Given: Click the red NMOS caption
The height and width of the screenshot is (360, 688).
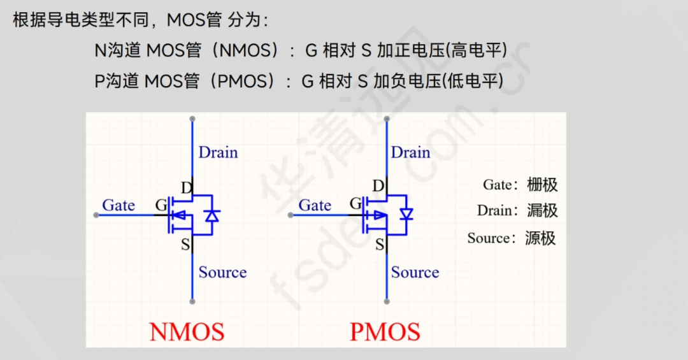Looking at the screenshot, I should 187,332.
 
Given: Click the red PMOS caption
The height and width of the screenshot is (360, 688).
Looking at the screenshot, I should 385,332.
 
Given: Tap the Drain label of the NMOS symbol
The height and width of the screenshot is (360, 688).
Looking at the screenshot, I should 218,152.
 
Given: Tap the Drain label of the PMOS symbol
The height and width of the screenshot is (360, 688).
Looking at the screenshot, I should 410,152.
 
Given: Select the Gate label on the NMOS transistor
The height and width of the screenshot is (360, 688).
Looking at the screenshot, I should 118,205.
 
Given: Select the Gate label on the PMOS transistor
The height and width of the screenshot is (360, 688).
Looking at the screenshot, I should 315,205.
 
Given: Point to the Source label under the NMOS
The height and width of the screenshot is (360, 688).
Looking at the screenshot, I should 222,272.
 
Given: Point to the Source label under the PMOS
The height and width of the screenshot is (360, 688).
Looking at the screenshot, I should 415,272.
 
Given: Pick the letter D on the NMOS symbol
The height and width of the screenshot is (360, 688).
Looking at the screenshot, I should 187,187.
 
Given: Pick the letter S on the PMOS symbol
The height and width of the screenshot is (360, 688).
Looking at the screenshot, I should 380,244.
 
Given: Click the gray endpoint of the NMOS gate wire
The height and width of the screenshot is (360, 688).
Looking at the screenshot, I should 96,215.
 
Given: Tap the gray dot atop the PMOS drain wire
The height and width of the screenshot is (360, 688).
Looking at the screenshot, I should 386,119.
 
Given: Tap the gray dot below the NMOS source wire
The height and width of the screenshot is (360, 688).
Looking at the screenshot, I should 192,301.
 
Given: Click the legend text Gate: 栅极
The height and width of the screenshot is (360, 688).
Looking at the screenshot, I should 520,185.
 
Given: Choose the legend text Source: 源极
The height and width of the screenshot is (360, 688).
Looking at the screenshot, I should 511,238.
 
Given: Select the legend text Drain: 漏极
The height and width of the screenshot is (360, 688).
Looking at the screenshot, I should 517,210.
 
